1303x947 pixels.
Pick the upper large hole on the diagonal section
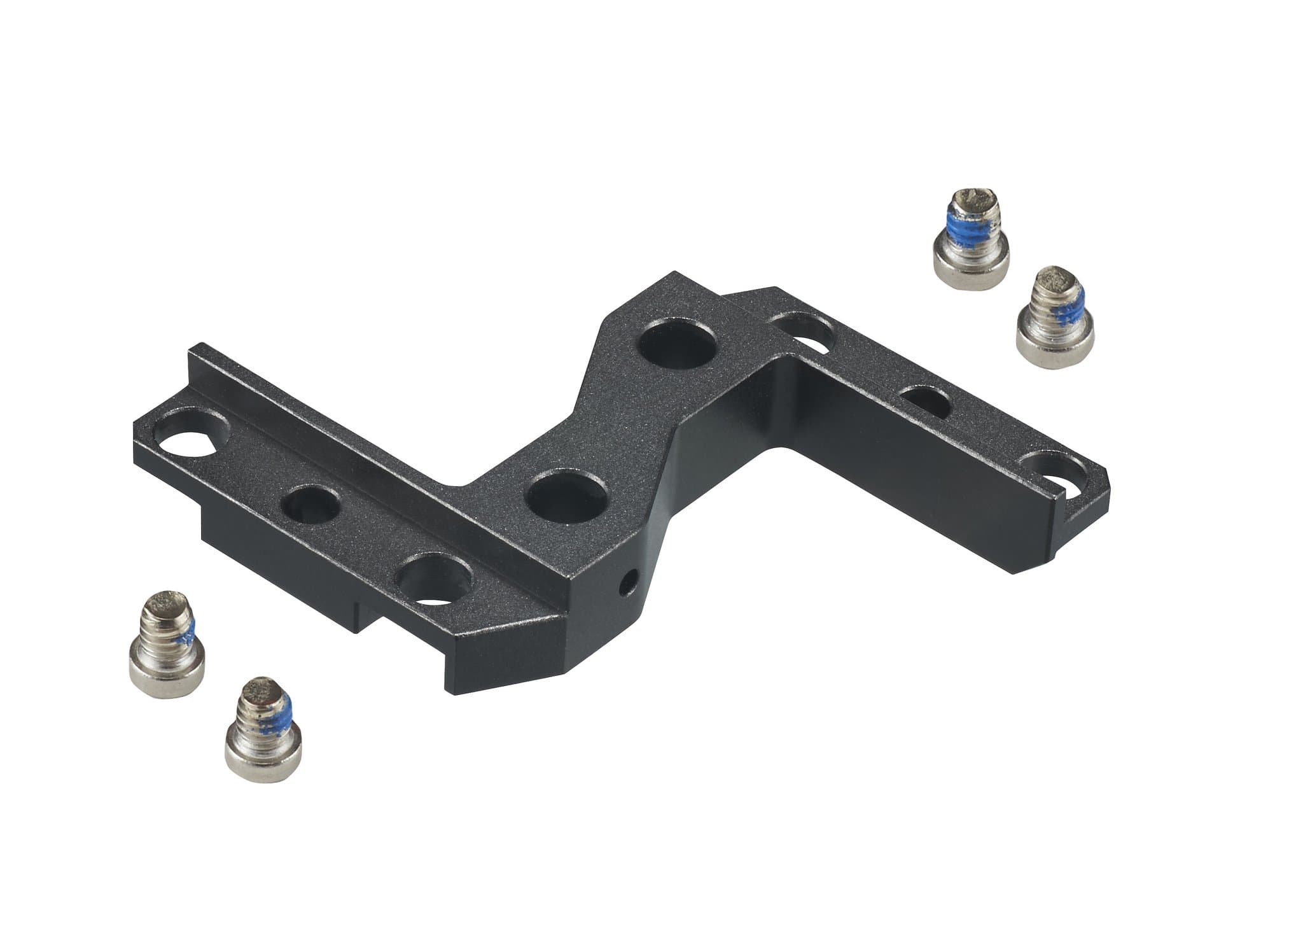677,350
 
